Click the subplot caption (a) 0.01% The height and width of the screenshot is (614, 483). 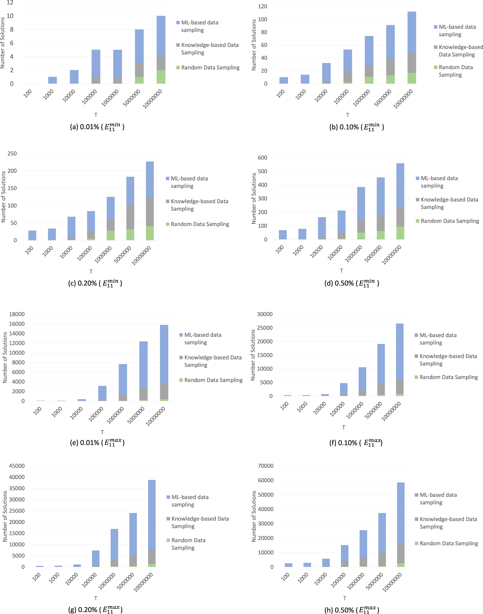pos(97,127)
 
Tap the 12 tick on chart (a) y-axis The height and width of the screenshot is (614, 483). pos(10,3)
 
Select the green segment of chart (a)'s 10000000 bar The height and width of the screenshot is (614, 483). pos(161,77)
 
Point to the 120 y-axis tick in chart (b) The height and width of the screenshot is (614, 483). pos(262,7)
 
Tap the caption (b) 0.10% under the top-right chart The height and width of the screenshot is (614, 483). pos(356,127)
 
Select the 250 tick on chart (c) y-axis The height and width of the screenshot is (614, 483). pos(12,154)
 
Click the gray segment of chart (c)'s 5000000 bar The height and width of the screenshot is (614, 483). pos(130,217)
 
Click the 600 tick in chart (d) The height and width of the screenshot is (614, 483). pos(262,157)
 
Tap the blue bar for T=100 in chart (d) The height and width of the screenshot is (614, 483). pos(282,235)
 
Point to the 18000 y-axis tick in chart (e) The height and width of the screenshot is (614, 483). pos(17,314)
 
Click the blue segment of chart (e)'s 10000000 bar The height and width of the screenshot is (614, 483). pos(164,353)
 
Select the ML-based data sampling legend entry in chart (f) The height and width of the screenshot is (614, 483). pos(437,339)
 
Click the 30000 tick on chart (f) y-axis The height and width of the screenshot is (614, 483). pos(264,314)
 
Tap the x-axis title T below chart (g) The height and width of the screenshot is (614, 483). pos(96,598)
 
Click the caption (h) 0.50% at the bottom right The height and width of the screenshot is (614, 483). pos(352,610)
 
